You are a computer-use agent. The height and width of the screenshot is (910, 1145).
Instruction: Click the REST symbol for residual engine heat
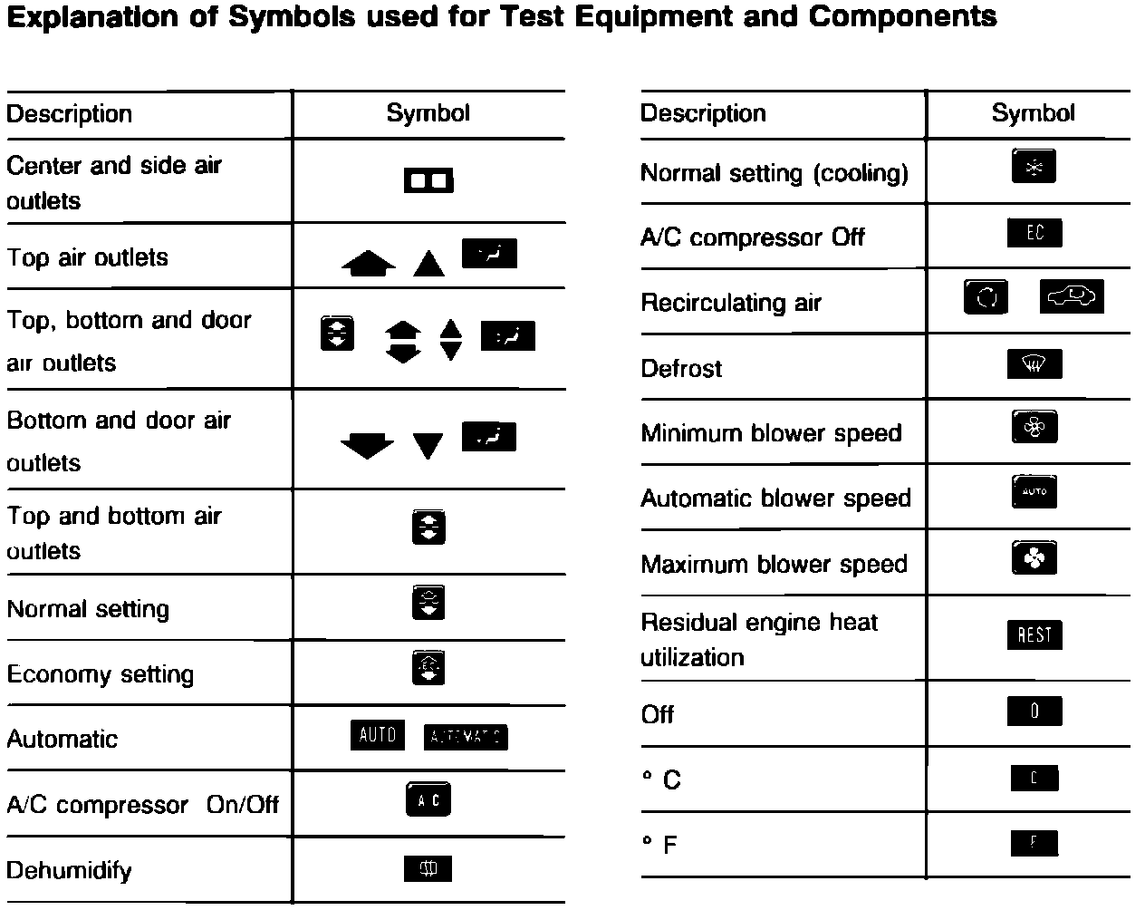pyautogui.click(x=1034, y=634)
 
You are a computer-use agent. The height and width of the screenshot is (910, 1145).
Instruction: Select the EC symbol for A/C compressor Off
pyautogui.click(x=1034, y=233)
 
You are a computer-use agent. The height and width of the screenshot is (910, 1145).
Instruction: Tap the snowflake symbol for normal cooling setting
pyautogui.click(x=1034, y=167)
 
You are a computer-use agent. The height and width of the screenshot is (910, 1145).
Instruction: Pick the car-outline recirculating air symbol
pyautogui.click(x=1072, y=296)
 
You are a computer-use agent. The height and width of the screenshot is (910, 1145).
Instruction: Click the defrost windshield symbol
pyautogui.click(x=1034, y=364)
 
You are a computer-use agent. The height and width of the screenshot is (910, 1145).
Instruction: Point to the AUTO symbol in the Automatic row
pyautogui.click(x=377, y=735)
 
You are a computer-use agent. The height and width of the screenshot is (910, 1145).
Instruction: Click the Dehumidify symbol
pyautogui.click(x=428, y=869)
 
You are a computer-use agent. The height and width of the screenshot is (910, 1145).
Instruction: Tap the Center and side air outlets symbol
pyautogui.click(x=428, y=181)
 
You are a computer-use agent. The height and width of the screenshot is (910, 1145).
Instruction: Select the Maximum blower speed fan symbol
pyautogui.click(x=1034, y=558)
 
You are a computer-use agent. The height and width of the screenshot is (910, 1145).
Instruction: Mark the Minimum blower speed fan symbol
pyautogui.click(x=1034, y=427)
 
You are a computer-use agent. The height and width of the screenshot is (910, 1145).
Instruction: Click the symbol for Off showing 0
pyautogui.click(x=1034, y=712)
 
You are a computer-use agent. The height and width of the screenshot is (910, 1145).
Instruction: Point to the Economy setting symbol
pyautogui.click(x=428, y=669)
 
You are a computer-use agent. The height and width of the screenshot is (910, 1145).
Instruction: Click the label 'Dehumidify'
pyautogui.click(x=69, y=871)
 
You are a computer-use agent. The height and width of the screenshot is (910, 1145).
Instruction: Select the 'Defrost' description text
pyautogui.click(x=681, y=368)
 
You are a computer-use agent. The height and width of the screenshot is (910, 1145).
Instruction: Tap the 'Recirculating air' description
pyautogui.click(x=730, y=303)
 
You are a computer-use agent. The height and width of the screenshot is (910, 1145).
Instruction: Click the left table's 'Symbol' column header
pyautogui.click(x=428, y=113)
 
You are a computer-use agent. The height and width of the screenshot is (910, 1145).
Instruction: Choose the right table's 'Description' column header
pyautogui.click(x=703, y=113)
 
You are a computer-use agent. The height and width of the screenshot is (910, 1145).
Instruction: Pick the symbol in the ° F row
pyautogui.click(x=1034, y=843)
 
